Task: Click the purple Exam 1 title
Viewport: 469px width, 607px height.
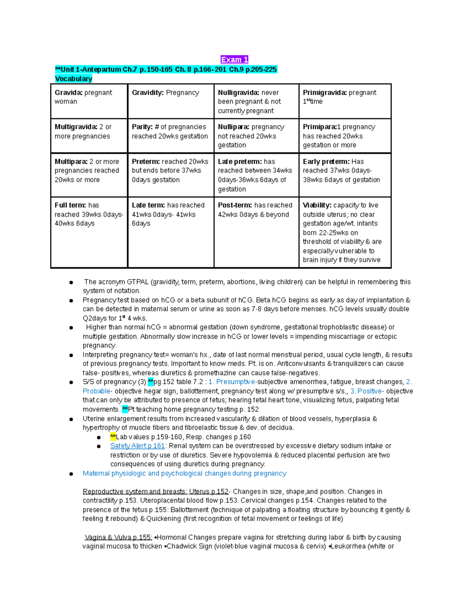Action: [x=234, y=59]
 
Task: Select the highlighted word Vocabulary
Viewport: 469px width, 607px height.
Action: [x=73, y=79]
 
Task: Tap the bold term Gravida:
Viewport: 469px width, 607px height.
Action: [x=69, y=93]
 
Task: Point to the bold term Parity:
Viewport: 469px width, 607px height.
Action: [x=142, y=127]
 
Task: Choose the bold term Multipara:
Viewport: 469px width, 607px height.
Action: [x=71, y=161]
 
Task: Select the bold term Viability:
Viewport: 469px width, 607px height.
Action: [x=317, y=205]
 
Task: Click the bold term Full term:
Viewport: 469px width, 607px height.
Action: [x=70, y=205]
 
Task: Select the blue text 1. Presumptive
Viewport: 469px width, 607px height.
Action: [x=232, y=382]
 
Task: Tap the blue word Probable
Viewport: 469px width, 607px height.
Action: [x=96, y=391]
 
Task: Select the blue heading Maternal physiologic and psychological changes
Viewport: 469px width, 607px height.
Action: [x=184, y=473]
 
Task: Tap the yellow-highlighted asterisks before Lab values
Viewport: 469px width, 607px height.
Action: [x=113, y=437]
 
